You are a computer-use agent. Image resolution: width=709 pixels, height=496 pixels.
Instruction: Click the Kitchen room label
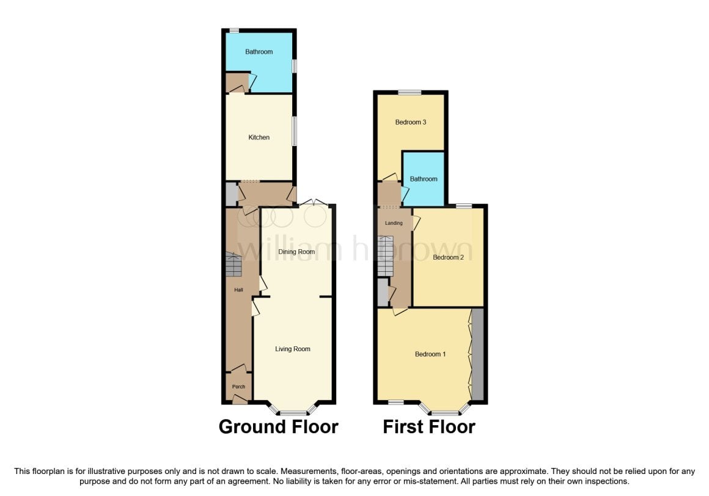(259, 137)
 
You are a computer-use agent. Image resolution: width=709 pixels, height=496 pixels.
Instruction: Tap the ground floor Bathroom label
(259, 51)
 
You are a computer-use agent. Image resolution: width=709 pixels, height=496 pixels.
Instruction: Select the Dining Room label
(296, 252)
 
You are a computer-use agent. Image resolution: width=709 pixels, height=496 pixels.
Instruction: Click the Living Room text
(293, 349)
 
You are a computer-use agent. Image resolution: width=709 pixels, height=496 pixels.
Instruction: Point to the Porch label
(238, 387)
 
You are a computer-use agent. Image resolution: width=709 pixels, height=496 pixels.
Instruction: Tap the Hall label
(238, 290)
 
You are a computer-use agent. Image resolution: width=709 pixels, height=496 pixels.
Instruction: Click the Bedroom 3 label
(411, 122)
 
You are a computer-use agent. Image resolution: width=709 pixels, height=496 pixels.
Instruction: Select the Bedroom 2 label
(448, 258)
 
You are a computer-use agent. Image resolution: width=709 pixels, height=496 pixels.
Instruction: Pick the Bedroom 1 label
(430, 354)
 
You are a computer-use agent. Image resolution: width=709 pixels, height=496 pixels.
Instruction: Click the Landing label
(394, 223)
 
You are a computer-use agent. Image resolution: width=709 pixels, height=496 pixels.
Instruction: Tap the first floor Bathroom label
(423, 179)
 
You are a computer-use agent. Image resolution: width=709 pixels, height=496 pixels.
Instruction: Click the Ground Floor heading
(279, 427)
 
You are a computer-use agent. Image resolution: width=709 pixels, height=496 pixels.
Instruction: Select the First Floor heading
(428, 427)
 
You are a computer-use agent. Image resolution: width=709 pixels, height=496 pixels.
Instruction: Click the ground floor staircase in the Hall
(233, 264)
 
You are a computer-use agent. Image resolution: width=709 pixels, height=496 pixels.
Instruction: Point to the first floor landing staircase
(385, 256)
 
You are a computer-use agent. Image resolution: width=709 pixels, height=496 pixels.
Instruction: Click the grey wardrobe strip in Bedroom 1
(477, 354)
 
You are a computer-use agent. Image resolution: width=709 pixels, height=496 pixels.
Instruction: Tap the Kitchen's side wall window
(295, 131)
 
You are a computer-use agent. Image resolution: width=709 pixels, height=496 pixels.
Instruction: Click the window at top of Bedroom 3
(410, 93)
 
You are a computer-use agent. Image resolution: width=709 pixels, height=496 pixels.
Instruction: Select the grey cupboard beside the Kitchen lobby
(231, 194)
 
